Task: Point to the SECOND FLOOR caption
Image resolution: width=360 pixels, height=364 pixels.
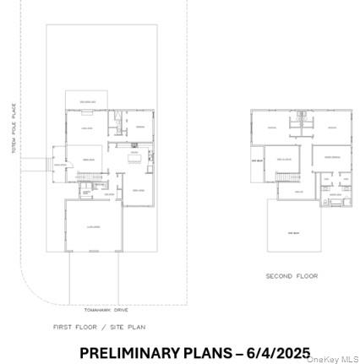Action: (292, 275)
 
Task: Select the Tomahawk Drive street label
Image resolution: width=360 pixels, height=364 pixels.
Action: (100, 310)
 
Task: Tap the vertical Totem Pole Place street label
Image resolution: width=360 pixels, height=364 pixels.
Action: (14, 128)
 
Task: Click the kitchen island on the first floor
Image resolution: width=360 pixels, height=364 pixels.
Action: (134, 156)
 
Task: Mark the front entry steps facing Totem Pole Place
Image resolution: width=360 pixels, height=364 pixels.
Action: (36, 161)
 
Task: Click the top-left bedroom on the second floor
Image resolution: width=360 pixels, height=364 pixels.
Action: (271, 127)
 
